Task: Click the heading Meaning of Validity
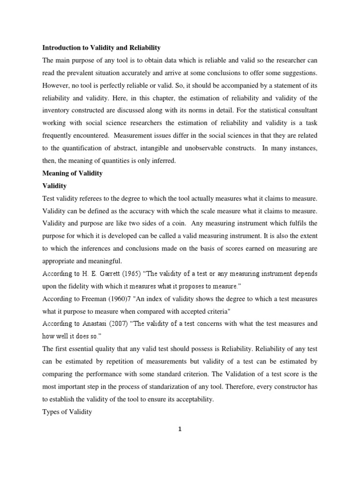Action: (73, 173)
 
